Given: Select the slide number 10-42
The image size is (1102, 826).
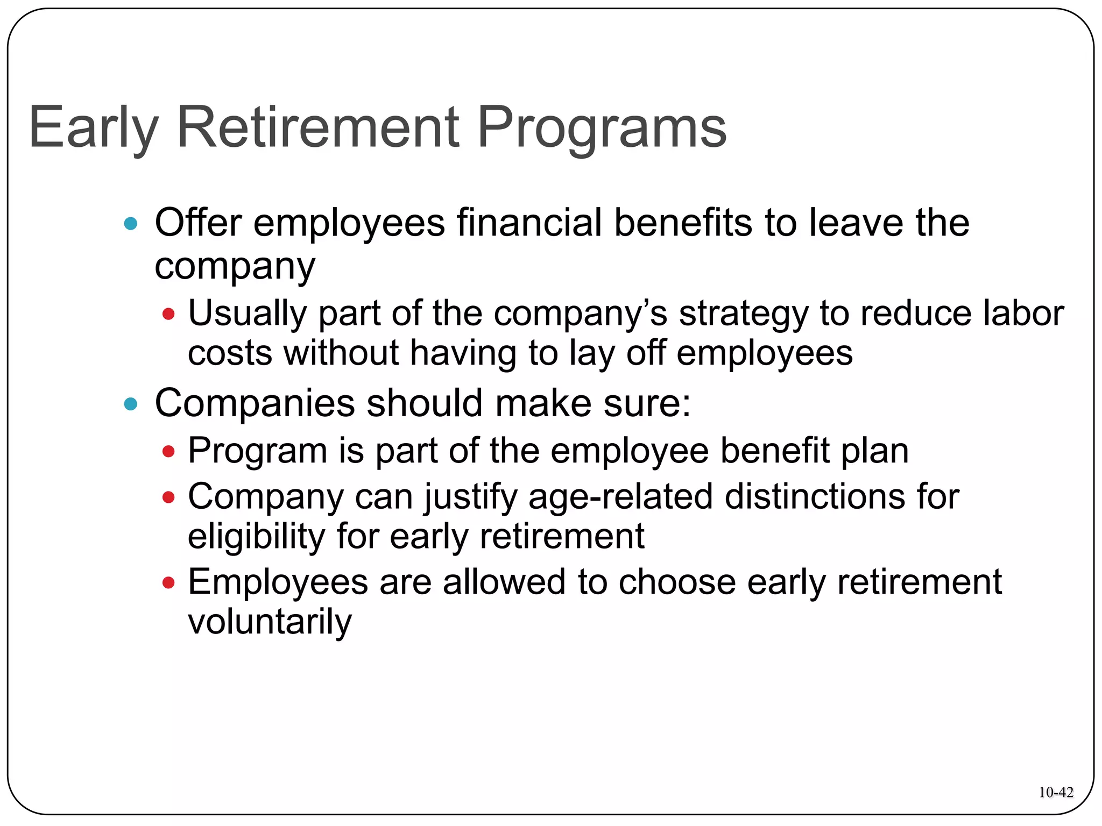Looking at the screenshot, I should tap(1056, 792).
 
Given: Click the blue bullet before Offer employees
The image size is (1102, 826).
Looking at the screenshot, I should tap(131, 223).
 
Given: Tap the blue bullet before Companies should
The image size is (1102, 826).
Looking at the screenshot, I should tap(131, 403).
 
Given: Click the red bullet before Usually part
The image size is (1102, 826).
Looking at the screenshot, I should tap(169, 314).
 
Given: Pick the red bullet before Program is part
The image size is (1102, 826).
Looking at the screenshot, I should tap(169, 451).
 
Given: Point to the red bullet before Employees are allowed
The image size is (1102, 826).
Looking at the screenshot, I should tap(169, 582).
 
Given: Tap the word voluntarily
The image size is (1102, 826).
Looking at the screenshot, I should tap(270, 622).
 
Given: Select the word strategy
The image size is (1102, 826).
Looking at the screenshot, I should tap(743, 315).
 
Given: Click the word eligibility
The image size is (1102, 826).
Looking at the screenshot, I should tap(257, 537).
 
